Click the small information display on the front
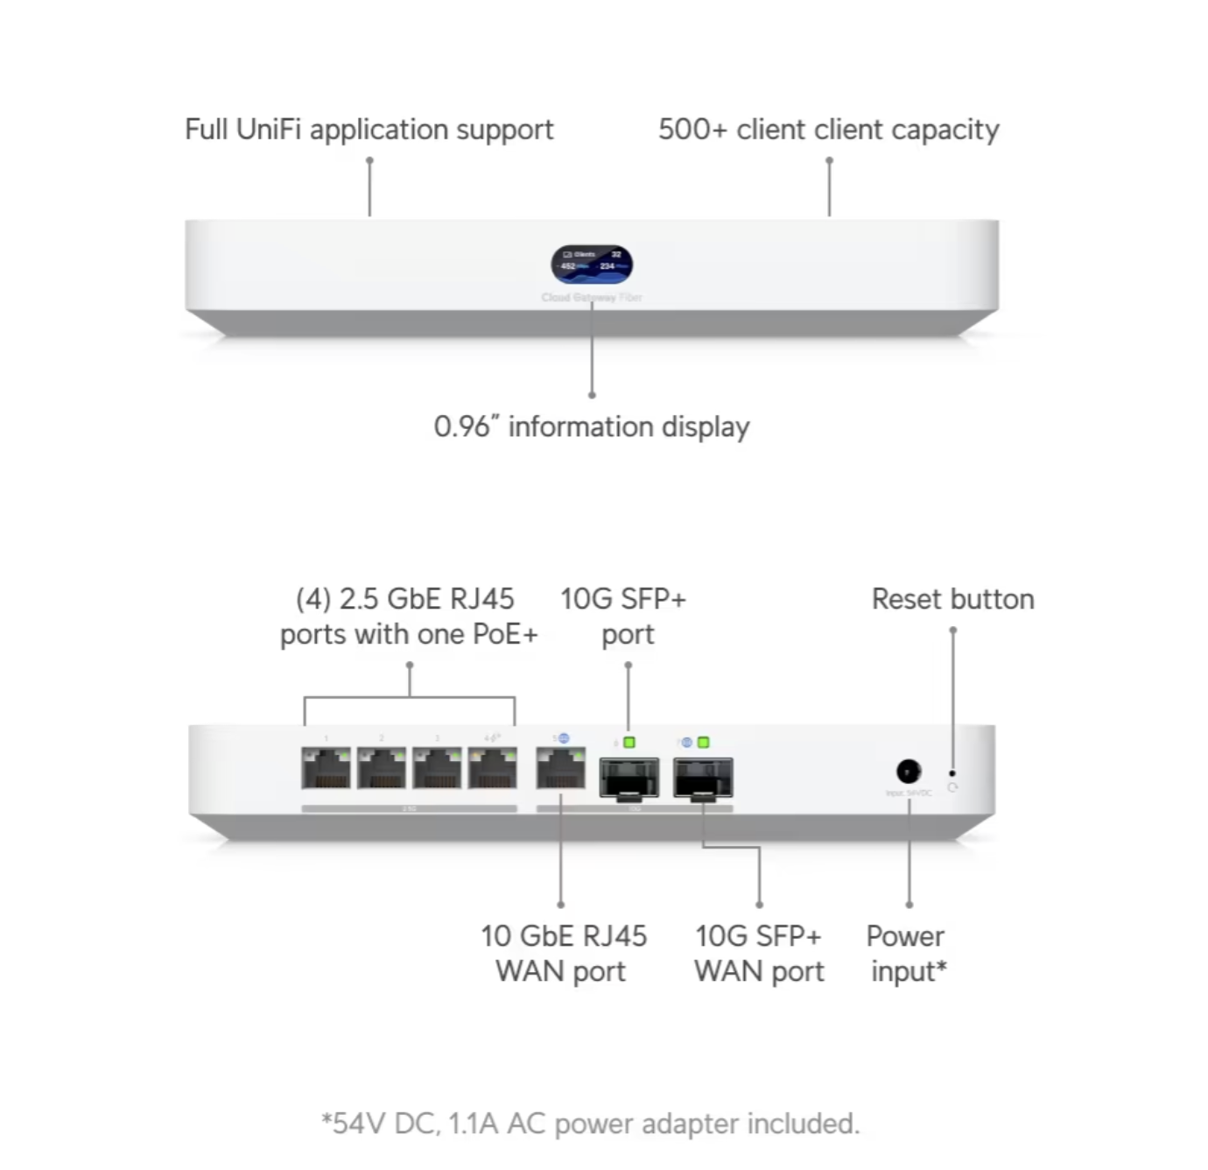[592, 264]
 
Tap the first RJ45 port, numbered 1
[326, 768]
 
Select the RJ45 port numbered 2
[382, 768]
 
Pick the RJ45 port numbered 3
[437, 768]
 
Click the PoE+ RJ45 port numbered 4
[492, 768]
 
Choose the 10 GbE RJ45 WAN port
[560, 768]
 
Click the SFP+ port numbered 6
[629, 777]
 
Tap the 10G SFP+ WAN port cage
[703, 777]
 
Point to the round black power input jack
[909, 772]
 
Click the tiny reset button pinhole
[952, 773]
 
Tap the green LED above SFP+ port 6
[629, 743]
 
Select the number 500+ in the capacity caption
[692, 130]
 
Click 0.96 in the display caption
[461, 426]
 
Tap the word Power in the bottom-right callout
[905, 936]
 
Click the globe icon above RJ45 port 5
[563, 739]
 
